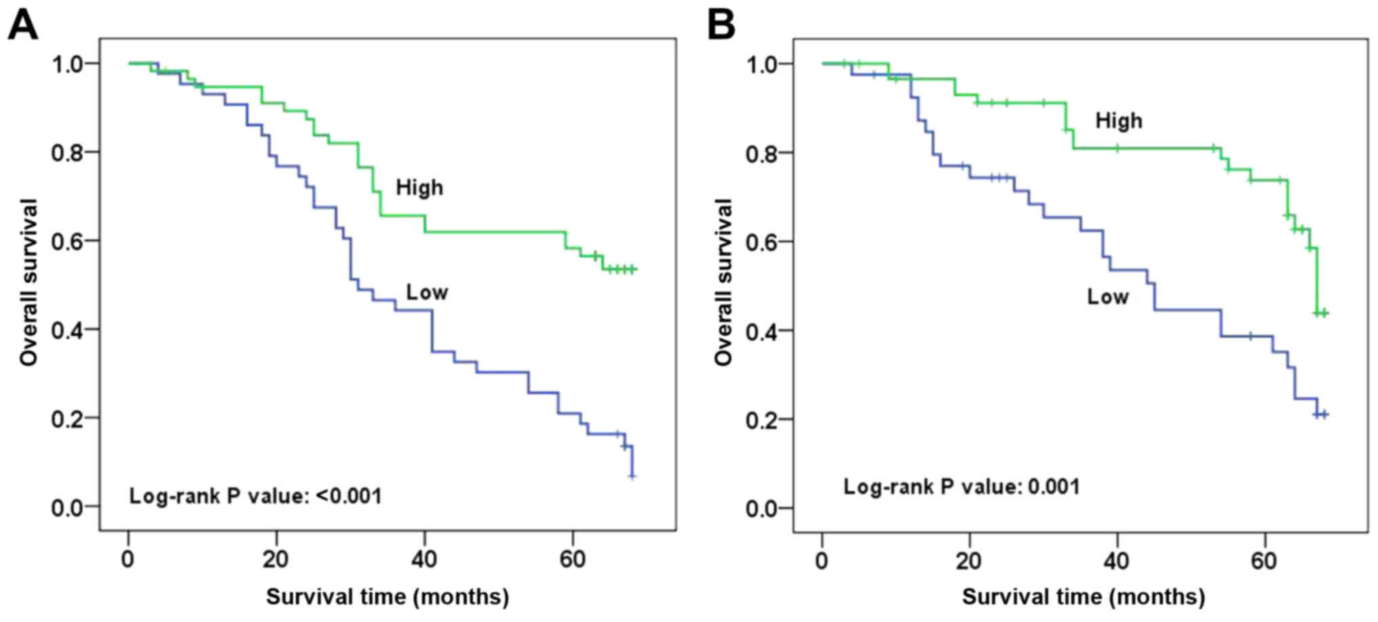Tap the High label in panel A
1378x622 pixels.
(x=419, y=187)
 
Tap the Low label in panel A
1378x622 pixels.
(x=427, y=292)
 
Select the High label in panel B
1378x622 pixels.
(x=1119, y=121)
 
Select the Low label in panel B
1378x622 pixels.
(x=1107, y=296)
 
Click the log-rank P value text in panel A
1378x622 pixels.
(x=255, y=496)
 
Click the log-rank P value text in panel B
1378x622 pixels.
(x=961, y=486)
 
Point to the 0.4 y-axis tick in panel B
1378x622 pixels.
(x=762, y=331)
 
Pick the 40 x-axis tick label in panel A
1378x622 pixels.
(x=424, y=560)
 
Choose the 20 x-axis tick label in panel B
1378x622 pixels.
(x=969, y=561)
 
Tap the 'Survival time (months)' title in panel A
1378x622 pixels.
(x=387, y=597)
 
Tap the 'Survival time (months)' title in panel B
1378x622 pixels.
(x=1084, y=597)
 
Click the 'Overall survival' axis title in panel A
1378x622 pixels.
(x=28, y=282)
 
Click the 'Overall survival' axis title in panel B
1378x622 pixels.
(x=723, y=282)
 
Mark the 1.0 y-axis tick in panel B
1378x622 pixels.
(x=762, y=64)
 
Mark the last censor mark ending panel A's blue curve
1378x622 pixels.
(x=632, y=476)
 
